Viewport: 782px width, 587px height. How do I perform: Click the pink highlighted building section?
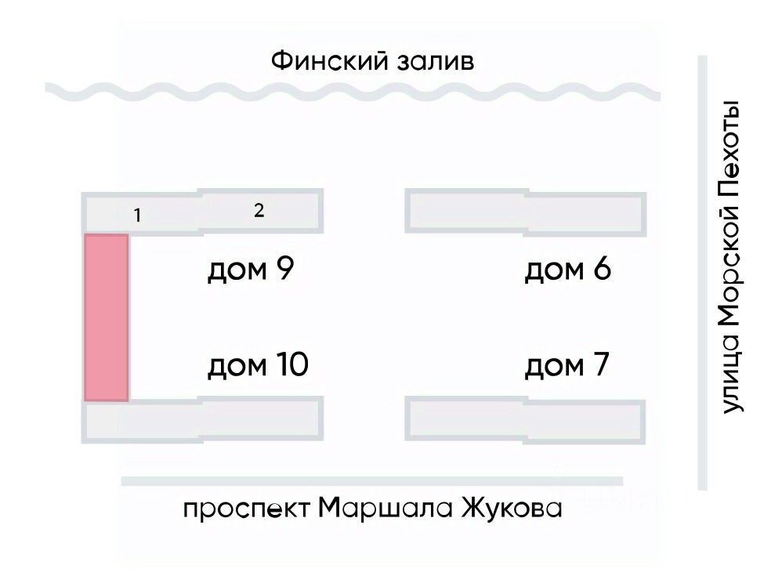106,317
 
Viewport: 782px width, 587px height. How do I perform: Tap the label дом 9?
250,271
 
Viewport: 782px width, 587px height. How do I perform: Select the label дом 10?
258,365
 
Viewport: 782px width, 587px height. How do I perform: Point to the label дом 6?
567,271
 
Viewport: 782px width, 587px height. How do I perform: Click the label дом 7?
567,365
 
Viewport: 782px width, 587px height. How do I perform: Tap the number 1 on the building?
137,215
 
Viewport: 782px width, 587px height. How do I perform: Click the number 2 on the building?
259,210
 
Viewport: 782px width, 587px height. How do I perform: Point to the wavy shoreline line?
353,92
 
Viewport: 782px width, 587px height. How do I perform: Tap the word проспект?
248,510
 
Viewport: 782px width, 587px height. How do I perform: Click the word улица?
730,375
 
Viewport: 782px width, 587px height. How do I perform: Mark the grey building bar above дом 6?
525,212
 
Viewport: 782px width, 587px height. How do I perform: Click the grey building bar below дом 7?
525,421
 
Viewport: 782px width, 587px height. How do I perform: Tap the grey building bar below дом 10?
202,421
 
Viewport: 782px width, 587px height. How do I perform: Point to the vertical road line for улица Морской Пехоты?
702,274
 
